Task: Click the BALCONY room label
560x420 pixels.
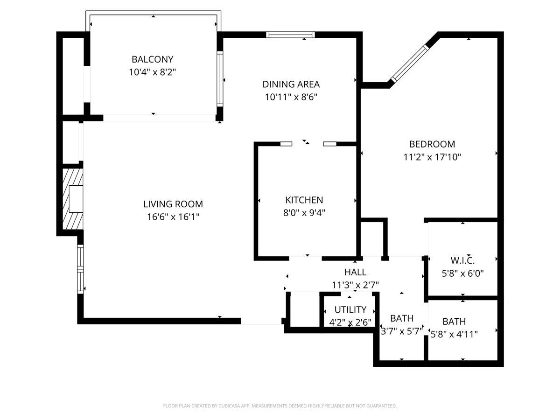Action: pyautogui.click(x=152, y=59)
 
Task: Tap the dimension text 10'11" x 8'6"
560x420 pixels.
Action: pyautogui.click(x=291, y=98)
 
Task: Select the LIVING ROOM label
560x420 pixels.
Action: pyautogui.click(x=173, y=204)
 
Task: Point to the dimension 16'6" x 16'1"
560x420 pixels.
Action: pyautogui.click(x=173, y=217)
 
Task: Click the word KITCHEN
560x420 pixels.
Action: pyautogui.click(x=304, y=200)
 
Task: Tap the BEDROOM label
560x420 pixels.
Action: pyautogui.click(x=432, y=144)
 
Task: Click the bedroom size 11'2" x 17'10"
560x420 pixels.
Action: pyautogui.click(x=432, y=157)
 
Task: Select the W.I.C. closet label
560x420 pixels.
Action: pyautogui.click(x=462, y=260)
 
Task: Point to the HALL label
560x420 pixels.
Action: pyautogui.click(x=355, y=272)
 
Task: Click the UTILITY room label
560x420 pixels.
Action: pyautogui.click(x=350, y=310)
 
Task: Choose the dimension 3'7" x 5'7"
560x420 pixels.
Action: pyautogui.click(x=402, y=331)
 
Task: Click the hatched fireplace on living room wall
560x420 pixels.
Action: pyautogui.click(x=71, y=199)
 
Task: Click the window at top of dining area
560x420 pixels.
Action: pyautogui.click(x=290, y=35)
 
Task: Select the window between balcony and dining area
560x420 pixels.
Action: pyautogui.click(x=220, y=79)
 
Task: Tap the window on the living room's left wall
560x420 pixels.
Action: pyautogui.click(x=80, y=269)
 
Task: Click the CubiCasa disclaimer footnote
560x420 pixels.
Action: pyautogui.click(x=280, y=406)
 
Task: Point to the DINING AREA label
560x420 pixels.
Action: pyautogui.click(x=291, y=84)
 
